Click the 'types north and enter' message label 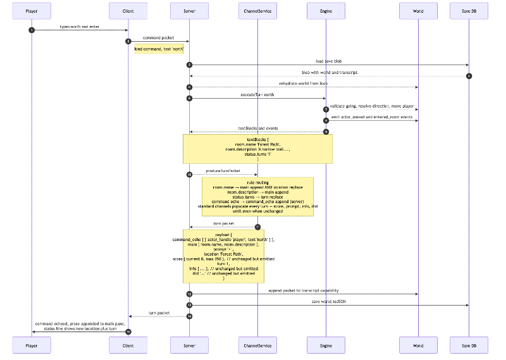(79, 27)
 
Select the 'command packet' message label (158, 38)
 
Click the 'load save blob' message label (329, 61)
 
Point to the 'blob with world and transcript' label (329, 73)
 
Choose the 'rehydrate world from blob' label (303, 84)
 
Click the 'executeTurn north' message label (257, 95)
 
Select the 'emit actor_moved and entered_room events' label (371, 117)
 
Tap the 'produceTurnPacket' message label (223, 171)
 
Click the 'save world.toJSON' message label (329, 301)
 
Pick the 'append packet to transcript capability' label (303, 290)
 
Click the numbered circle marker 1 (31, 30)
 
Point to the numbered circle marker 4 (469, 76)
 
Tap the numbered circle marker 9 (326, 132)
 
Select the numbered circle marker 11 (257, 227)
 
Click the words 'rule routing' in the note (257, 182)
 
